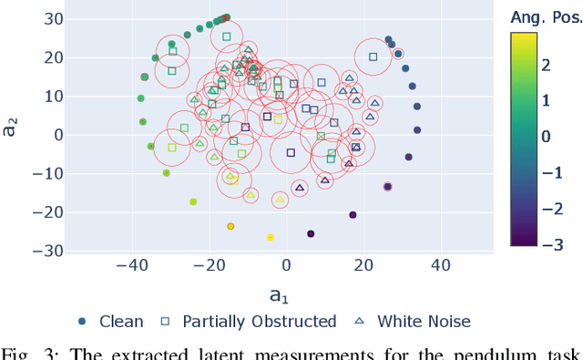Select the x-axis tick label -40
[x=132, y=265]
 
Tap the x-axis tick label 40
[x=441, y=265]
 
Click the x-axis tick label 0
[x=287, y=265]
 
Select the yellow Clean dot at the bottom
[x=271, y=237]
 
